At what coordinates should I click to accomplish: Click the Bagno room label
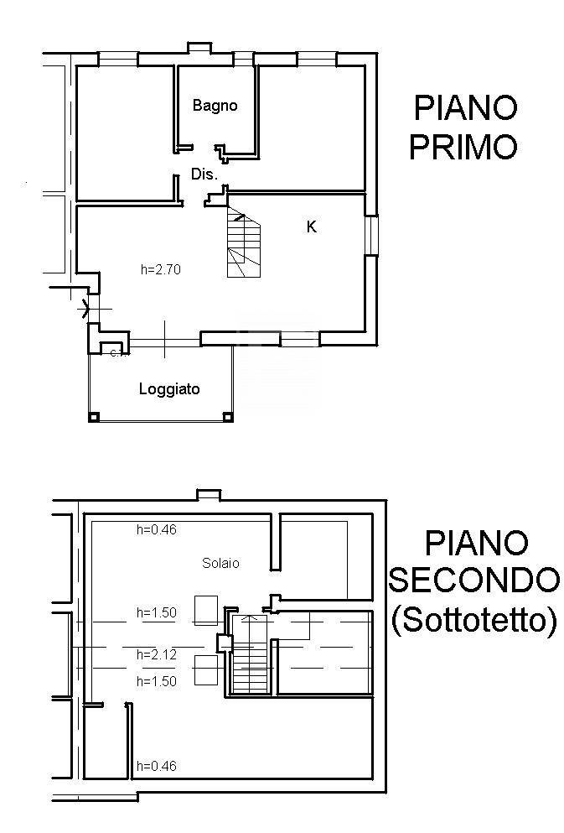click(215, 106)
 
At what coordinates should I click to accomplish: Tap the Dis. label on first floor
click(204, 175)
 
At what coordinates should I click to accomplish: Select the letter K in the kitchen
click(312, 226)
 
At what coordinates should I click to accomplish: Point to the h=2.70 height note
click(161, 270)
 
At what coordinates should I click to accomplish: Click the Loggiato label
click(169, 389)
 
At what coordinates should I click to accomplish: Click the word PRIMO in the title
click(463, 148)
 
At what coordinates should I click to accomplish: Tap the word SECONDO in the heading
click(475, 580)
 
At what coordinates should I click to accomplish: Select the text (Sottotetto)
click(474, 620)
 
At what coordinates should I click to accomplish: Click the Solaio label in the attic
click(220, 563)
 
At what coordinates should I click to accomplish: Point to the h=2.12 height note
click(157, 654)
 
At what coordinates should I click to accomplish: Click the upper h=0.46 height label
click(157, 529)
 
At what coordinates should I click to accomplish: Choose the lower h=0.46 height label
click(157, 765)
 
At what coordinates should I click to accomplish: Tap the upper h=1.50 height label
click(157, 612)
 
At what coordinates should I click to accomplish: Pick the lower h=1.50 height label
click(157, 681)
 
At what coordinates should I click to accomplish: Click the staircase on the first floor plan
click(243, 245)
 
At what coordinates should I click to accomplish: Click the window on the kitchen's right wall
click(372, 236)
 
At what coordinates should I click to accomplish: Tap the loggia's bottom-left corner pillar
click(94, 416)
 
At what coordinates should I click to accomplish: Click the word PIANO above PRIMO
click(466, 108)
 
